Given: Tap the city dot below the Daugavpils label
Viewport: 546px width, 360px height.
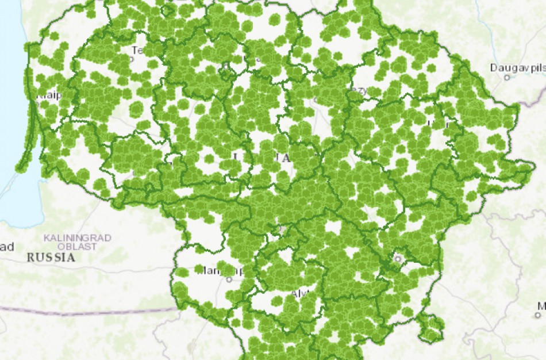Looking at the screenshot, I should pos(507,77).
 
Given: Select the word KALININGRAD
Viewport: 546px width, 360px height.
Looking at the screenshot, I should pos(78,238).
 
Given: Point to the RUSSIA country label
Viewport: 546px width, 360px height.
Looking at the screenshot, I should pos(51,258).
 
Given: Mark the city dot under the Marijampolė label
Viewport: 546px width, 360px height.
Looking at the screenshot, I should pos(229,279).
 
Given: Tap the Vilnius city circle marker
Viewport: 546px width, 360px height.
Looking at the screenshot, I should pos(397,259).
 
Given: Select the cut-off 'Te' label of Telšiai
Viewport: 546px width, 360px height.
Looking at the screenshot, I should pos(137,50).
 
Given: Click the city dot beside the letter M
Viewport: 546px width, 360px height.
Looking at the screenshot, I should pos(537,315).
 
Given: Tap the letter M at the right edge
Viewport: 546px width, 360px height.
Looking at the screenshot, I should pos(541,305).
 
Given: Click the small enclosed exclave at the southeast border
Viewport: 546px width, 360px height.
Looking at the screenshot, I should pos(430,328).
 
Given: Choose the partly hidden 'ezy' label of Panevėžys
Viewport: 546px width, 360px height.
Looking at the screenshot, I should pos(359,90).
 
